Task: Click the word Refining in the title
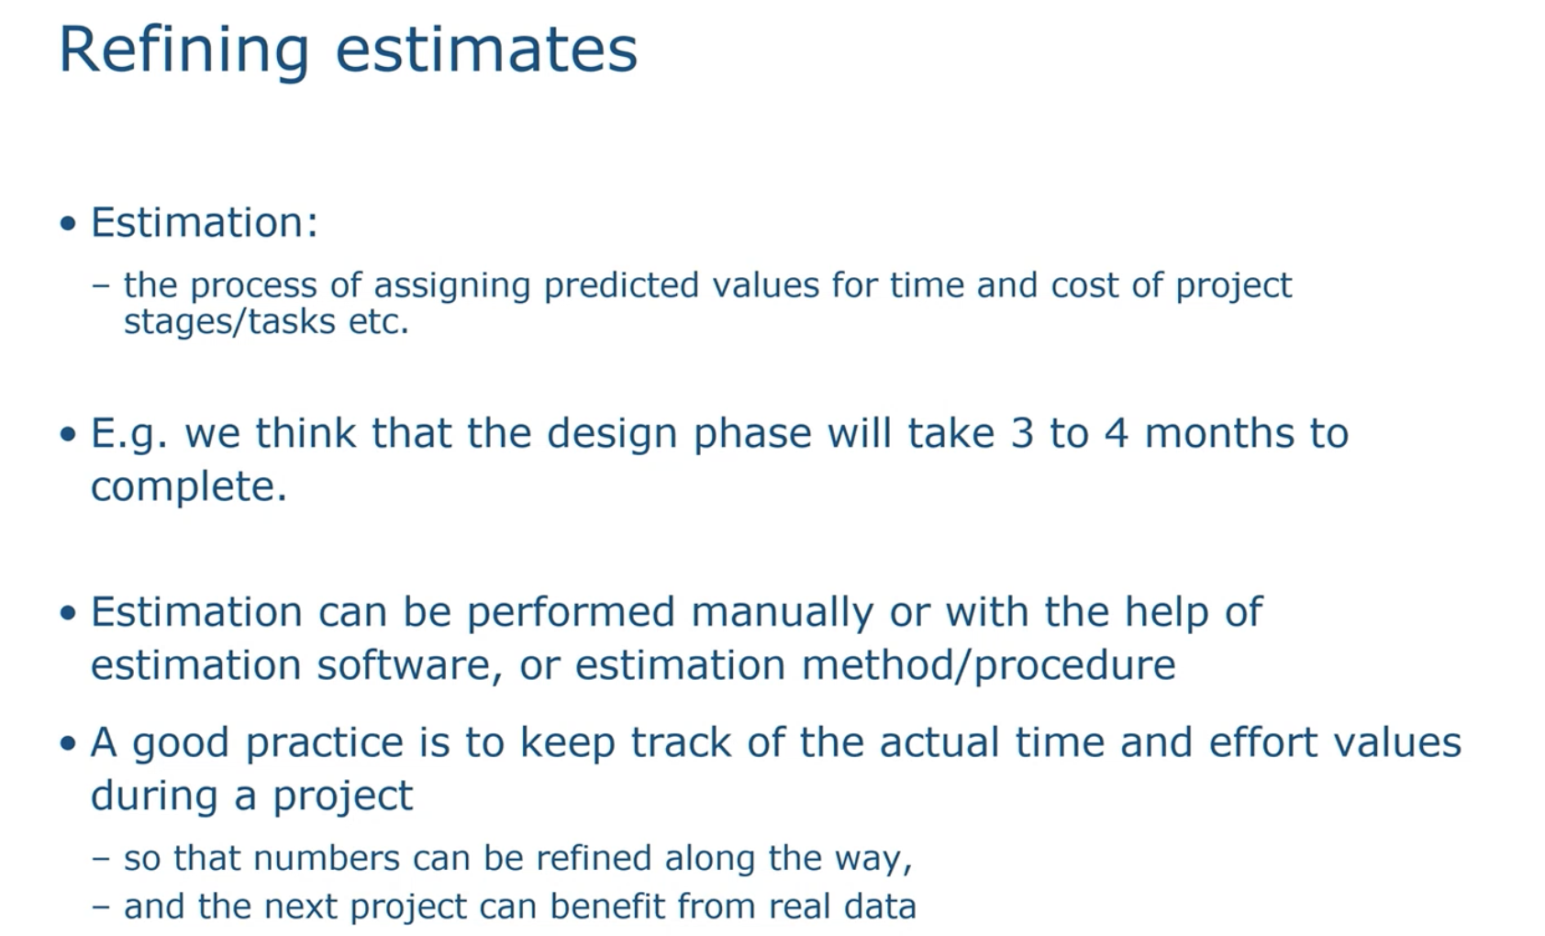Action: pos(184,50)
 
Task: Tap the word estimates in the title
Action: pos(486,50)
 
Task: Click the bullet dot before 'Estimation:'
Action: pos(68,224)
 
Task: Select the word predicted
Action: pos(621,285)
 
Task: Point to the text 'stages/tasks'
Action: pos(229,322)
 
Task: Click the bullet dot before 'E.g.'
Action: pos(68,435)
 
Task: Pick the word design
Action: pos(612,434)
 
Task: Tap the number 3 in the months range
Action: pos(1022,433)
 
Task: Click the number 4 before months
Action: pos(1117,433)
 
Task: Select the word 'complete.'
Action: pos(189,487)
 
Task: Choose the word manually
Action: pos(783,612)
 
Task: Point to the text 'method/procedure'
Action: pos(988,665)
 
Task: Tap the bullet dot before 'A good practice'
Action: pos(68,743)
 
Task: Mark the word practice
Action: pos(324,743)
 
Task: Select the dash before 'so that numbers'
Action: pos(101,860)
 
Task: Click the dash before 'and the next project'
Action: pos(101,908)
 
